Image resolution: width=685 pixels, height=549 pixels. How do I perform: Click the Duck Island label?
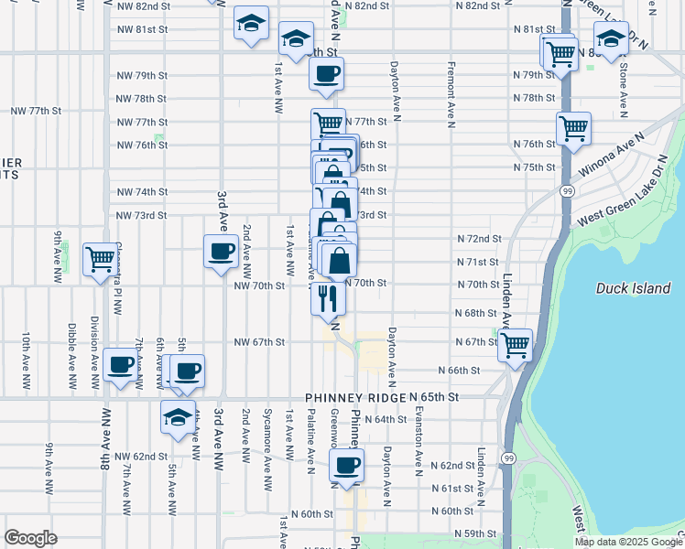[x=633, y=288]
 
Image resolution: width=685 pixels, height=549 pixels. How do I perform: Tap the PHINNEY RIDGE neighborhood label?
[x=355, y=399]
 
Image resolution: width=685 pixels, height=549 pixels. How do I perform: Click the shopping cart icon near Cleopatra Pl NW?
[x=100, y=258]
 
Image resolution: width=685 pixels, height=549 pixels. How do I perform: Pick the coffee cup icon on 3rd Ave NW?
[x=220, y=252]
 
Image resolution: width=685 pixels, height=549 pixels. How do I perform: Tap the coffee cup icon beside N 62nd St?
[x=347, y=466]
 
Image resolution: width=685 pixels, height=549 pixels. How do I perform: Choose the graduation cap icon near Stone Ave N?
[x=611, y=39]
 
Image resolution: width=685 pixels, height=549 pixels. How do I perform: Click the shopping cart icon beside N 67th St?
[x=516, y=345]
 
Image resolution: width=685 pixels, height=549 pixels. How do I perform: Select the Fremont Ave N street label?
[x=451, y=95]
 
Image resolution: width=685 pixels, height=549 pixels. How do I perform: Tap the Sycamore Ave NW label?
[x=267, y=439]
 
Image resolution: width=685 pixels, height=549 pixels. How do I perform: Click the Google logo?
[x=30, y=538]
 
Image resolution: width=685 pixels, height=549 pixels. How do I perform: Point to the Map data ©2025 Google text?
[x=629, y=542]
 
